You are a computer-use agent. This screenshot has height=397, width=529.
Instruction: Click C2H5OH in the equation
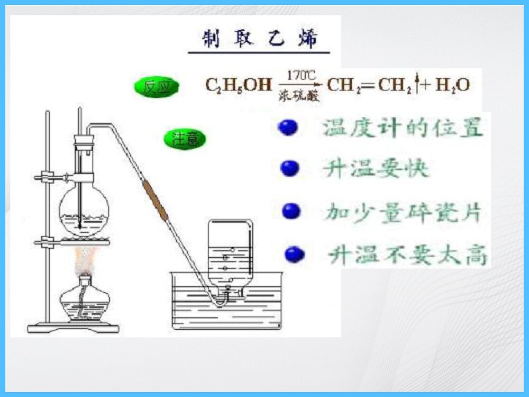tap(238, 85)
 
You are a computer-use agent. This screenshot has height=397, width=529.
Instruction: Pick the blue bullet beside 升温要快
tap(290, 169)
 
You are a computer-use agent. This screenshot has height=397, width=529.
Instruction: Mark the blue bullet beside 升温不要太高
tap(295, 255)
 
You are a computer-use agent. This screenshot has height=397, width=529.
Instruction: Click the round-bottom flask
tap(84, 209)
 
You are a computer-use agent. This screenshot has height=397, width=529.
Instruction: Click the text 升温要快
tap(376, 169)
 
